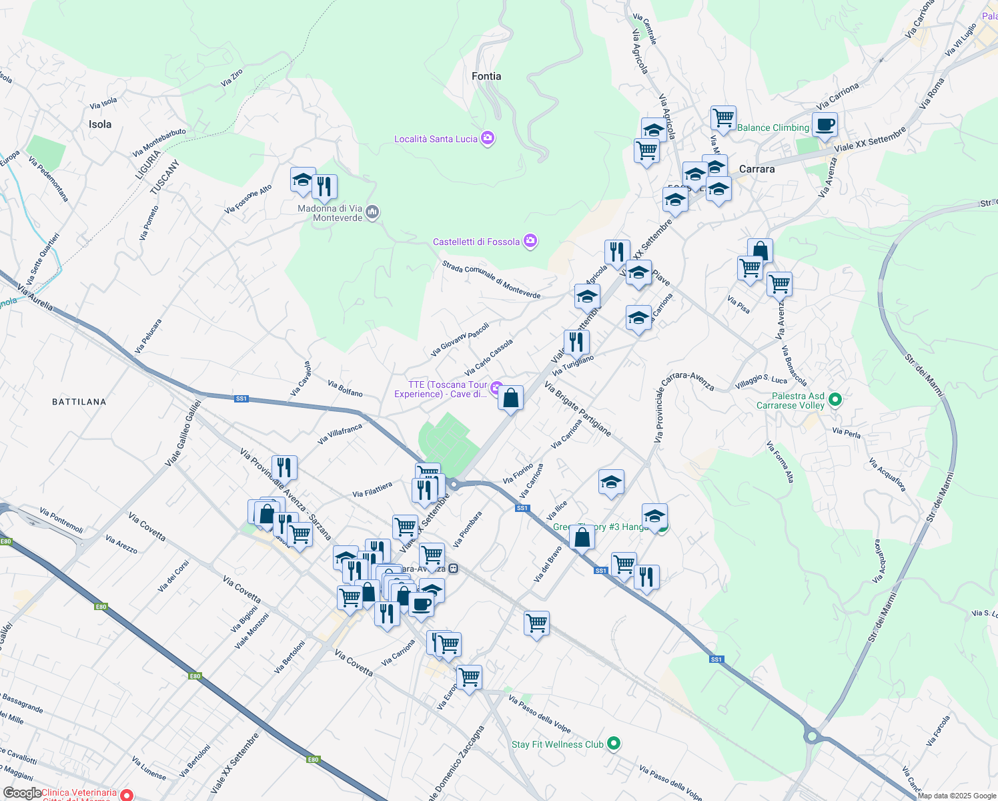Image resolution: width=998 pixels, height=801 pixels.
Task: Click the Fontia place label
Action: coord(486,76)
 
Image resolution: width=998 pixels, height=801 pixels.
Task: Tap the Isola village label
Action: coord(100,124)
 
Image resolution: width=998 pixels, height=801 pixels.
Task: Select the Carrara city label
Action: coord(757,169)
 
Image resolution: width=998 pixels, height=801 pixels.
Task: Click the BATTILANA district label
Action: coord(79,402)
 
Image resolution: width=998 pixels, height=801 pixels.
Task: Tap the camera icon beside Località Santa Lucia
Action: coord(488,138)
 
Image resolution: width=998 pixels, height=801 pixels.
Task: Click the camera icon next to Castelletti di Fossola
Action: coord(530,241)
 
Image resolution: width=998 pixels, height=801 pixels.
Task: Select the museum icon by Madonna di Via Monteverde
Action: coord(372,212)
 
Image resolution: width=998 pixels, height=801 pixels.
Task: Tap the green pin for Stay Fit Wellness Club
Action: coord(614,743)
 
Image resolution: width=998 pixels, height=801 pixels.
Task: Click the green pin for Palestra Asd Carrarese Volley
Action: coord(835,400)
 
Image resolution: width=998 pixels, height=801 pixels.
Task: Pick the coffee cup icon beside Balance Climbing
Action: coord(824,124)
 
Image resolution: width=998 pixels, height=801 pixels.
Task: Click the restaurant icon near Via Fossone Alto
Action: coord(324,186)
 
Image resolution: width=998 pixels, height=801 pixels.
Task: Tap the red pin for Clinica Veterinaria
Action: coord(126,794)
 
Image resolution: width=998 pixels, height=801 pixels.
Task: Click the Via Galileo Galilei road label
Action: coord(183,433)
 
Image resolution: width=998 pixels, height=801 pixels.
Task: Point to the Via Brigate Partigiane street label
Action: coord(578,409)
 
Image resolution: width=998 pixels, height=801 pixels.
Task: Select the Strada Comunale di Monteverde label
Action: coord(491,280)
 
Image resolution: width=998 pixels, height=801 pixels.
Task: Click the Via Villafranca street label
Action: coord(340,433)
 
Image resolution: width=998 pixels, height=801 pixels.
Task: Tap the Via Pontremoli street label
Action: coord(61,520)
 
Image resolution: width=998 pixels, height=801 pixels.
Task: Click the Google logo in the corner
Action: coord(21,793)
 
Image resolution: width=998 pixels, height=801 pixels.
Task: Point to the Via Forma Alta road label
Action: coord(780,461)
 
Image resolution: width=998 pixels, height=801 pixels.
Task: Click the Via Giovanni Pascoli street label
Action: coord(460,339)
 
